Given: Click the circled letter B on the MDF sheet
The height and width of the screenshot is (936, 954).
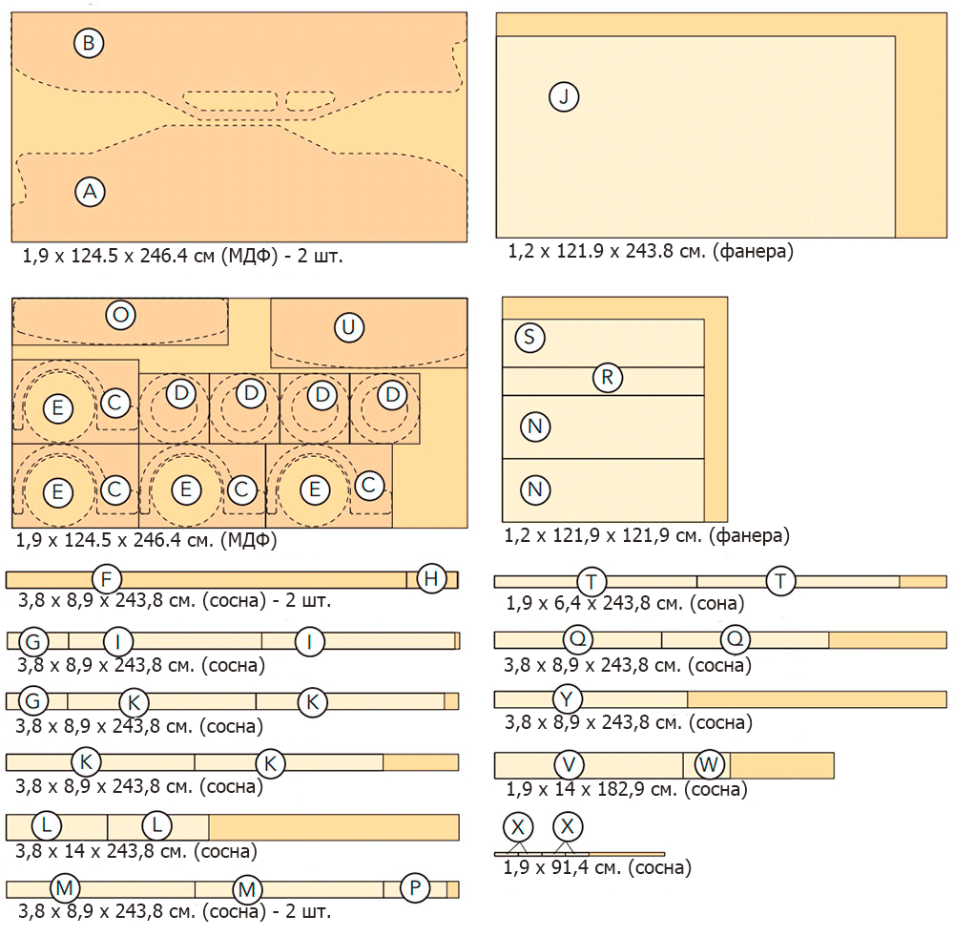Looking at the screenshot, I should click(x=89, y=43).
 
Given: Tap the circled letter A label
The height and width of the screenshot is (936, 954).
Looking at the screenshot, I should click(x=90, y=192).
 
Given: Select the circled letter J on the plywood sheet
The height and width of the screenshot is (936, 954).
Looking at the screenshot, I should click(x=564, y=96).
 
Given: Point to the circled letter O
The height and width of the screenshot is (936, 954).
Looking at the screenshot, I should click(x=120, y=316).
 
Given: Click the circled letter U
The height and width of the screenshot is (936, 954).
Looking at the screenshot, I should click(x=349, y=328).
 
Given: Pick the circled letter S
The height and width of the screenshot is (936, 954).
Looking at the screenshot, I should click(x=529, y=337).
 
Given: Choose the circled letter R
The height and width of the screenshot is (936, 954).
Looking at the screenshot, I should click(x=607, y=377).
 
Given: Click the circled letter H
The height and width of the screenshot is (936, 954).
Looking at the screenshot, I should click(x=432, y=578).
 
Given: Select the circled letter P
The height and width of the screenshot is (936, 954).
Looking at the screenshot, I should click(x=415, y=888).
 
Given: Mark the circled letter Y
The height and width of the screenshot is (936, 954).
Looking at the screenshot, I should click(x=568, y=699).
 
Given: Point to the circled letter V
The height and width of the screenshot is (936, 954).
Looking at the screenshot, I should click(x=570, y=764).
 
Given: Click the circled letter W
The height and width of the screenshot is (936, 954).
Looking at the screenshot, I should click(x=710, y=764).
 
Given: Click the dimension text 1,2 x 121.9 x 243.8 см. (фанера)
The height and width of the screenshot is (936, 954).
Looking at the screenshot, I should click(x=651, y=252).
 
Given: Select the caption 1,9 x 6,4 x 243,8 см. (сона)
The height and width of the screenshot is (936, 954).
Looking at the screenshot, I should click(x=625, y=602).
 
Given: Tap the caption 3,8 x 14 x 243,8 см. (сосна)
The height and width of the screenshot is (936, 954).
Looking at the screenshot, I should click(x=137, y=851).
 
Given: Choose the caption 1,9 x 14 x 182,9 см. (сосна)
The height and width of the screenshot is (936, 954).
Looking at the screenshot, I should click(x=626, y=789).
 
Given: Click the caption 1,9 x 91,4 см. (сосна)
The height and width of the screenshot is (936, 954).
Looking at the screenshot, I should click(x=597, y=868).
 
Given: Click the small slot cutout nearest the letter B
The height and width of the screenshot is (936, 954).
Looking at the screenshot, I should click(x=230, y=100).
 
